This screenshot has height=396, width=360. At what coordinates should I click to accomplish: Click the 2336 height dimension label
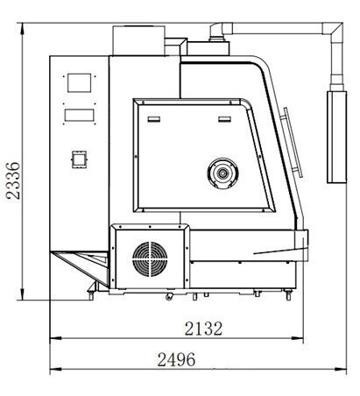coord(13,180)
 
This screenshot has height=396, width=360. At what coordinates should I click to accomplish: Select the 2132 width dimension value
coord(203,329)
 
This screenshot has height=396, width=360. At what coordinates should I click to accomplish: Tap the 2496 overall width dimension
coord(176,359)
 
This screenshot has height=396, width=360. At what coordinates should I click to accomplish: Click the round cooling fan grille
coord(150,259)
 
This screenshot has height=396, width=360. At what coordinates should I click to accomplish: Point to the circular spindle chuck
coord(222,173)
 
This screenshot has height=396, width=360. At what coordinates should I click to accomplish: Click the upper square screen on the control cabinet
coord(79,83)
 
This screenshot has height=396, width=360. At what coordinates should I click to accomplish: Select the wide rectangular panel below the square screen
coord(79,115)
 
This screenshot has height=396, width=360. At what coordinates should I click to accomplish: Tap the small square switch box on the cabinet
coord(79,159)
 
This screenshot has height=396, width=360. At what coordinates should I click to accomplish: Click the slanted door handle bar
coord(293,143)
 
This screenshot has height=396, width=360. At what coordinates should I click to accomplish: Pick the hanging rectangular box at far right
coord(336,137)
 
